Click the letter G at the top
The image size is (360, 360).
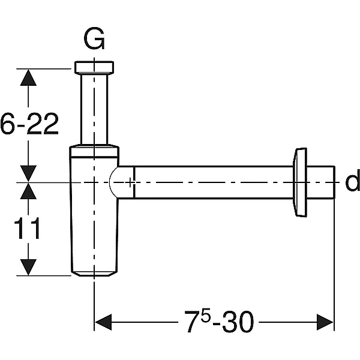(94, 38)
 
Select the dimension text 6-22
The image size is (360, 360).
(29, 124)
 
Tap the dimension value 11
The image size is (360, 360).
(28, 228)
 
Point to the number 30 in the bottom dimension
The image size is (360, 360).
(238, 322)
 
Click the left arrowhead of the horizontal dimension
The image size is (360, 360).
(103, 322)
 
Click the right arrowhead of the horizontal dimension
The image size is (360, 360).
(325, 322)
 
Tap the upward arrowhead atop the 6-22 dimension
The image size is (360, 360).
(28, 77)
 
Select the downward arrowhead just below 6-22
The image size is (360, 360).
(28, 173)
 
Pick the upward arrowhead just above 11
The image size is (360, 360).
(28, 191)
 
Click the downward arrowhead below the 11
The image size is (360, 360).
(28, 267)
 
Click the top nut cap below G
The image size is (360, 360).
(94, 67)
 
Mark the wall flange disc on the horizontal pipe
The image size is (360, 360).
(300, 182)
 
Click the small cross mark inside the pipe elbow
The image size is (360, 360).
(130, 182)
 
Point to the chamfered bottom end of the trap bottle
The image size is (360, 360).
(94, 274)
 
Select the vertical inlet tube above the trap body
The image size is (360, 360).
(94, 109)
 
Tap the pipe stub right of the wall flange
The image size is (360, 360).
(321, 182)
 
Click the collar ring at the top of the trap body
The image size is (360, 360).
(94, 151)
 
